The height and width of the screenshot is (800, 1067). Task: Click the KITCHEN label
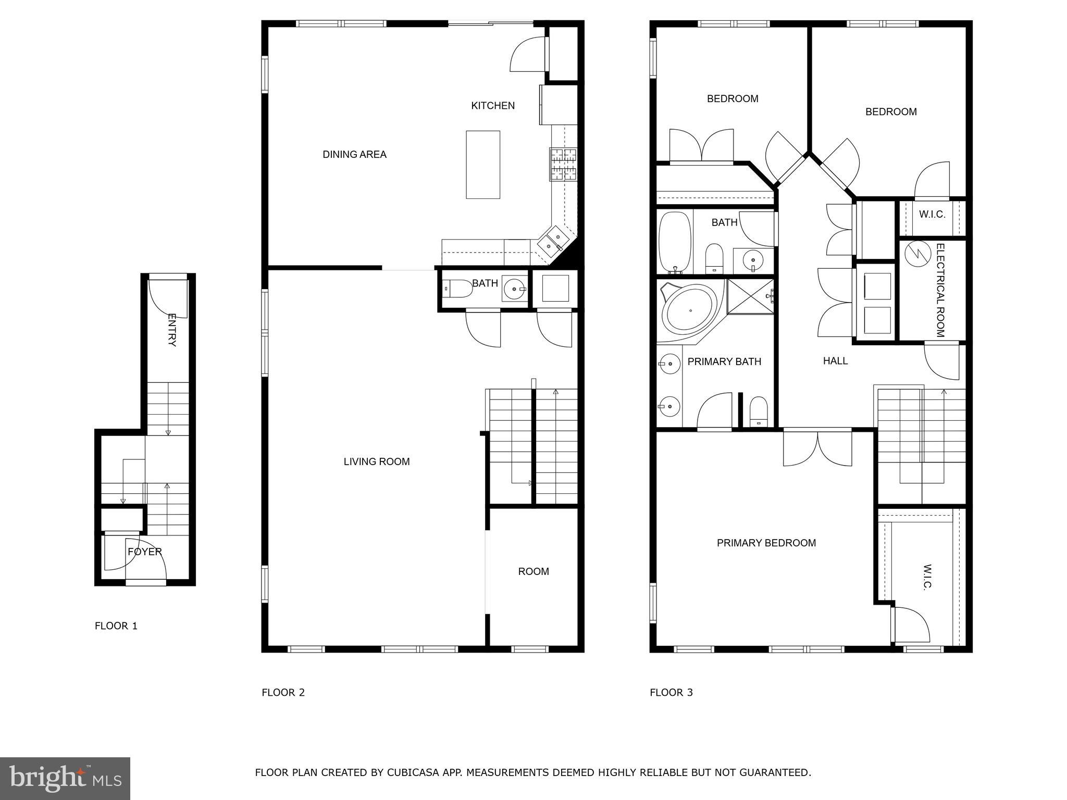492,106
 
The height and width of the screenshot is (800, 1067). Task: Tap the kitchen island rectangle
482,165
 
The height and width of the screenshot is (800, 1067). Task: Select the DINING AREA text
354,154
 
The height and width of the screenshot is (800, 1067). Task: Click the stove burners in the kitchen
563,164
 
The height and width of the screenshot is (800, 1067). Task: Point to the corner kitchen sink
552,243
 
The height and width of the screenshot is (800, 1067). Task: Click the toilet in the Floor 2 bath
456,288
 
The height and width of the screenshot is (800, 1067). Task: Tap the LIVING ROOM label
376,461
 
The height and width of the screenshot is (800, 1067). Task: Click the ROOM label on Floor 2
533,571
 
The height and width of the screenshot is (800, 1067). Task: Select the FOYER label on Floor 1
144,552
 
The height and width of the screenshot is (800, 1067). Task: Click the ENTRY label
171,330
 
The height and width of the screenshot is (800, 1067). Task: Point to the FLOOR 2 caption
283,692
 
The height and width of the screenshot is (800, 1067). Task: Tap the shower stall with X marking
750,296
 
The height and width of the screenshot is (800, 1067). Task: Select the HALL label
835,361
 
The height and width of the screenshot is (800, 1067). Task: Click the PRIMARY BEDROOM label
766,543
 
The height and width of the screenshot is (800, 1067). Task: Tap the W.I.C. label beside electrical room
932,214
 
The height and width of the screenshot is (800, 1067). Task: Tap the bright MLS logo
65,779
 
